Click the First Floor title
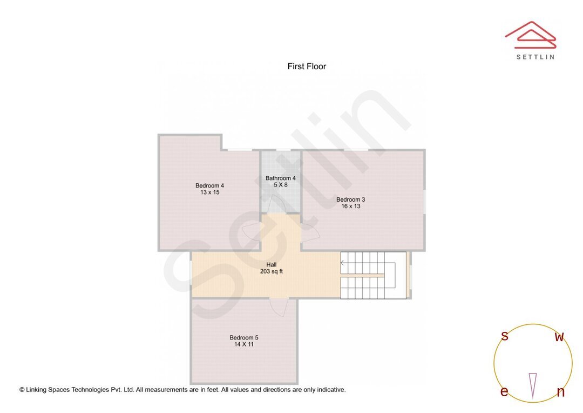click(307, 66)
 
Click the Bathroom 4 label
click(280, 178)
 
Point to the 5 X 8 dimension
click(281, 185)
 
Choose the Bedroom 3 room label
click(350, 199)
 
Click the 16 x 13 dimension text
click(350, 206)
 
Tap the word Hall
click(271, 265)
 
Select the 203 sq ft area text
click(271, 271)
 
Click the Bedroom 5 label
click(243, 337)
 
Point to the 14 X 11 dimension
click(244, 344)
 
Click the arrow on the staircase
click(343, 263)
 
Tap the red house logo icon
click(531, 34)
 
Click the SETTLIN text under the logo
click(535, 57)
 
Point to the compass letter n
click(560, 392)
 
